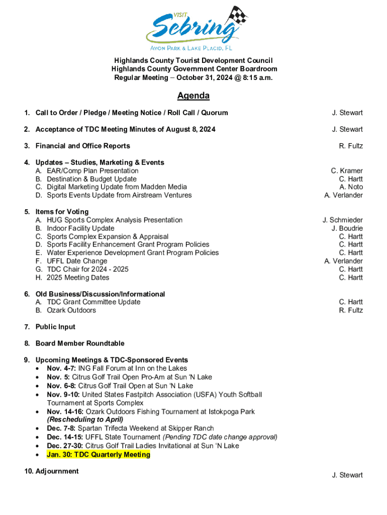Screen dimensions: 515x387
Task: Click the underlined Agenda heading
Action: (193, 96)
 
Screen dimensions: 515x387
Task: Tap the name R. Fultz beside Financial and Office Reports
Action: (351, 146)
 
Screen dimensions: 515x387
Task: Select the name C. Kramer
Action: (346, 171)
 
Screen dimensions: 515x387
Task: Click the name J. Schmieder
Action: (342, 220)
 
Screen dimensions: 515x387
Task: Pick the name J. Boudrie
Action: (347, 228)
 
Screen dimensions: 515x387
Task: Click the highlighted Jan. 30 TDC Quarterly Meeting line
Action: (99, 455)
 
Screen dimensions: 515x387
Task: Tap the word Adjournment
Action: (57, 471)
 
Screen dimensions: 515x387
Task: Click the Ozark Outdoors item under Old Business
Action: (71, 310)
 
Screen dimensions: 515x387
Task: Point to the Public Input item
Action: (55, 327)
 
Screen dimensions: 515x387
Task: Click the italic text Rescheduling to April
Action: (85, 419)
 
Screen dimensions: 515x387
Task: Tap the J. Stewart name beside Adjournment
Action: (347, 475)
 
